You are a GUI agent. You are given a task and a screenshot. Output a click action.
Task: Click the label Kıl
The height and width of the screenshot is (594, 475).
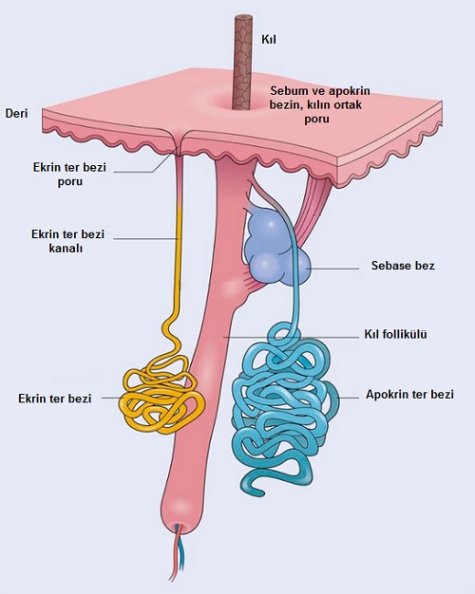click(x=269, y=39)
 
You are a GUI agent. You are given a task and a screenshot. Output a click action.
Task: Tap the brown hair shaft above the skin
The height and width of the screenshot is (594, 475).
click(x=242, y=63)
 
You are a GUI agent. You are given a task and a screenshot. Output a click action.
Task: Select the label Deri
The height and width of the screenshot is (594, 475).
click(x=16, y=113)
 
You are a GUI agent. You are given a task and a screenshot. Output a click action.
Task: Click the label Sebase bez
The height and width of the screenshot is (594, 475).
click(x=403, y=265)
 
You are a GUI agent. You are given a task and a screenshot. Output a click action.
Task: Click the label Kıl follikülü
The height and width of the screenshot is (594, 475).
click(x=396, y=334)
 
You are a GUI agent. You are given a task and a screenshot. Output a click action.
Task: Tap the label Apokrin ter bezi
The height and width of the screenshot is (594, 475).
click(x=409, y=395)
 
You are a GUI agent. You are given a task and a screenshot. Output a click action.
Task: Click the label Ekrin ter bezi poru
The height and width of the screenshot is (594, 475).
click(x=69, y=175)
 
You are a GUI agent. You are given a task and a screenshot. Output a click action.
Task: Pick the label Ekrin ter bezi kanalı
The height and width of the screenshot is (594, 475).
click(x=67, y=241)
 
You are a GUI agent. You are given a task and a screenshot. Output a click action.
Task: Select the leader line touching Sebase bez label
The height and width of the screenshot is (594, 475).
click(x=332, y=269)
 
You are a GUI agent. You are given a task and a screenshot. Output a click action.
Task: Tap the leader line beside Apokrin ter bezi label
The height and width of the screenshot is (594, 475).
click(x=349, y=398)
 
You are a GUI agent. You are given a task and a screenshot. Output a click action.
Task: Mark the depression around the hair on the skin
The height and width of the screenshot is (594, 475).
click(x=243, y=102)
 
